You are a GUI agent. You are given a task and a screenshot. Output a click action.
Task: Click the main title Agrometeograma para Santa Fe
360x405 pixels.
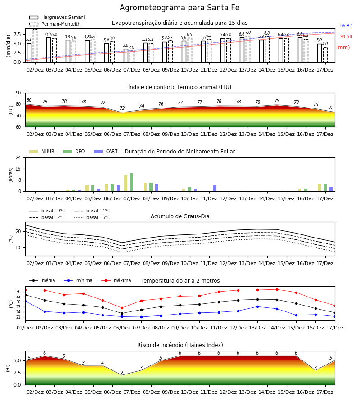[x=180, y=8]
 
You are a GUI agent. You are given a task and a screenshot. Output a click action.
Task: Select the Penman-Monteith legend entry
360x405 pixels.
[x=55, y=24]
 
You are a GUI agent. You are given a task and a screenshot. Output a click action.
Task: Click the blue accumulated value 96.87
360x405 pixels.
[x=346, y=26]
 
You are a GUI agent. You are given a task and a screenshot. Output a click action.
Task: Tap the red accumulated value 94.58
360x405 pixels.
[x=346, y=37]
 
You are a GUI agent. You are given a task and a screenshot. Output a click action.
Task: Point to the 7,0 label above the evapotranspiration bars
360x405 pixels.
[x=248, y=32]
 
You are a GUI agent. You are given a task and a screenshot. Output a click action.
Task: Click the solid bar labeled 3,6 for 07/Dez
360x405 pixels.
[x=126, y=56]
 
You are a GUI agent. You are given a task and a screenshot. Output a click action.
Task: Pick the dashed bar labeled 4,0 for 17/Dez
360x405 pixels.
[x=325, y=55]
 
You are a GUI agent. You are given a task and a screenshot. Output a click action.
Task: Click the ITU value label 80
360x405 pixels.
[x=29, y=100]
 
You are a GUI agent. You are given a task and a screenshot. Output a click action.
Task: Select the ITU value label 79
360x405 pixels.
[x=277, y=100]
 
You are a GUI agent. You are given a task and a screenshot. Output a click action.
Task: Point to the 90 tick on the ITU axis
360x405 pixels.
[x=18, y=93]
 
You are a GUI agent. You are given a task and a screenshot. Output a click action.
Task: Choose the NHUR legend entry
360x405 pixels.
[x=42, y=151]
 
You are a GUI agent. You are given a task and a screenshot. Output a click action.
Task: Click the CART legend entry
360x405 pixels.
[x=106, y=151]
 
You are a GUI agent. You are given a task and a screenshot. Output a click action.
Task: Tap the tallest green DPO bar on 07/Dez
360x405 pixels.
[x=132, y=182]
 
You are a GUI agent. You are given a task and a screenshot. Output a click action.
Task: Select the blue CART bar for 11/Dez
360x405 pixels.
[x=215, y=188]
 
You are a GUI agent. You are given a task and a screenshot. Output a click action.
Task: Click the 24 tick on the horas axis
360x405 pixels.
[x=18, y=157]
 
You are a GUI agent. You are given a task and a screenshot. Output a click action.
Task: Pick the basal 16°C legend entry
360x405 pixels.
[x=92, y=217]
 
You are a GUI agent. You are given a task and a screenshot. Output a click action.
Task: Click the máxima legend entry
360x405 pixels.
[x=116, y=280]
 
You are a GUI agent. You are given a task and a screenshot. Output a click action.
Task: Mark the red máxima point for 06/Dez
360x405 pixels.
[x=122, y=308]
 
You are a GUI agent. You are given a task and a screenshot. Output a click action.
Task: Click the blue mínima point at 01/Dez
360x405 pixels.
[x=25, y=301]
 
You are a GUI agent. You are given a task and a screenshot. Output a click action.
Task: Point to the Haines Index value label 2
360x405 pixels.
[x=122, y=373]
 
